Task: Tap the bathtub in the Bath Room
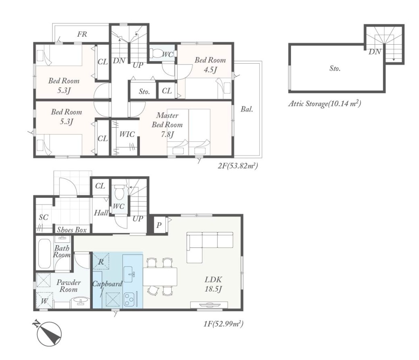(45, 254)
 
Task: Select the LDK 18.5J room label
(213, 284)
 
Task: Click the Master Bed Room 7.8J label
(167, 125)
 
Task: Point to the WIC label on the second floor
(127, 134)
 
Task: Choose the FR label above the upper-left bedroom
(82, 34)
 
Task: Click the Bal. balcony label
(247, 109)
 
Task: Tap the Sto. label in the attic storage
(335, 68)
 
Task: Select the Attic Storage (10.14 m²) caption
(325, 103)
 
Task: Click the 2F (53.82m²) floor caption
(238, 166)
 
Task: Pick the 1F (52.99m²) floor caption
(223, 324)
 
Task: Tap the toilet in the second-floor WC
(155, 53)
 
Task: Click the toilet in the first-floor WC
(119, 192)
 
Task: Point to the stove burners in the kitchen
(129, 300)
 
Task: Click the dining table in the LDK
(160, 276)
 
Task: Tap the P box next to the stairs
(159, 225)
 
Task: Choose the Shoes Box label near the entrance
(72, 230)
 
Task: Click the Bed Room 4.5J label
(210, 64)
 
